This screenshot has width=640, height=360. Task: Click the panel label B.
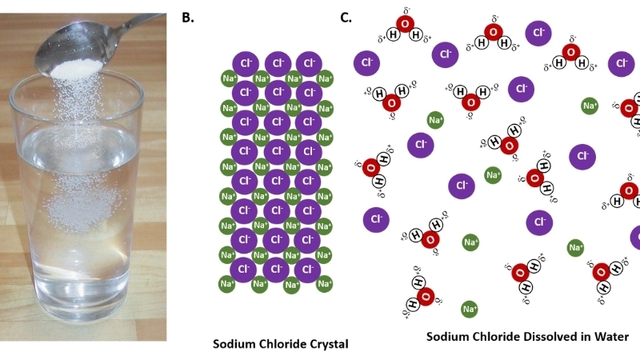click(188, 17)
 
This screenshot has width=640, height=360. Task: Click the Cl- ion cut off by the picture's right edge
click(635, 238)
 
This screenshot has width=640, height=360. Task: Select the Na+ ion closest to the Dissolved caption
click(470, 308)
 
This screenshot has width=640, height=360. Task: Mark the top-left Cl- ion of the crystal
click(246, 62)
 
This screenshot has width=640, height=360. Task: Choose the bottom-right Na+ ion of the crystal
click(325, 284)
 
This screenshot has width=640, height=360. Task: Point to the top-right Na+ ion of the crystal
click(325, 78)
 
